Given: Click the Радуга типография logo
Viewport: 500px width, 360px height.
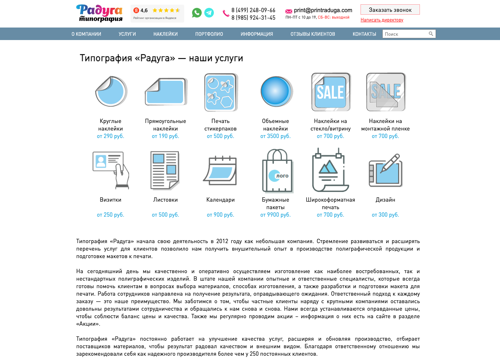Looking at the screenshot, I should [x=99, y=13].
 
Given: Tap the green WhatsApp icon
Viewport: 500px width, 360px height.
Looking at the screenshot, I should [x=197, y=13].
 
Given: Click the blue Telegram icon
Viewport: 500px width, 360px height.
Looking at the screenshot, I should [x=209, y=13].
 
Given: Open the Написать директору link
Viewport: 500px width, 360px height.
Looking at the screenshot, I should [x=382, y=20].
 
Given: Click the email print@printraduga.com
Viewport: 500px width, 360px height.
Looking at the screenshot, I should [x=323, y=10].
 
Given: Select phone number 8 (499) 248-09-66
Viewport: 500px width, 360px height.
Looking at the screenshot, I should [x=253, y=10].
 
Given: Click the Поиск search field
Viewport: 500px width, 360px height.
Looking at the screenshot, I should [x=405, y=34].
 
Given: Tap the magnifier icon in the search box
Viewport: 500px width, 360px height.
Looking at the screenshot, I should [x=431, y=34].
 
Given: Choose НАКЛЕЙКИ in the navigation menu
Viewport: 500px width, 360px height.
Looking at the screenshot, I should [x=166, y=34].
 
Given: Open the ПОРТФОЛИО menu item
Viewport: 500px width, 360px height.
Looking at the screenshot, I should [x=209, y=34].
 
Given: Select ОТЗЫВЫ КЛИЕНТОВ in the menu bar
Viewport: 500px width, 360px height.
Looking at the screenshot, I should [x=313, y=34].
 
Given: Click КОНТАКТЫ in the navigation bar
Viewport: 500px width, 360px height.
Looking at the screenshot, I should [x=364, y=34].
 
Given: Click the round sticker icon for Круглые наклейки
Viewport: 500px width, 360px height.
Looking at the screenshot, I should [x=111, y=92].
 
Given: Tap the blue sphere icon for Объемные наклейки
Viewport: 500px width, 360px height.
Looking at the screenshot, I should [x=276, y=92].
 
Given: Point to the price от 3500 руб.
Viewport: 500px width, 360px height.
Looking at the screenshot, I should [x=275, y=136].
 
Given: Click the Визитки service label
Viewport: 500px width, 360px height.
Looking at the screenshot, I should [x=111, y=200].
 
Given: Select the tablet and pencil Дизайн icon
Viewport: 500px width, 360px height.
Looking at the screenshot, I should [x=386, y=171].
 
